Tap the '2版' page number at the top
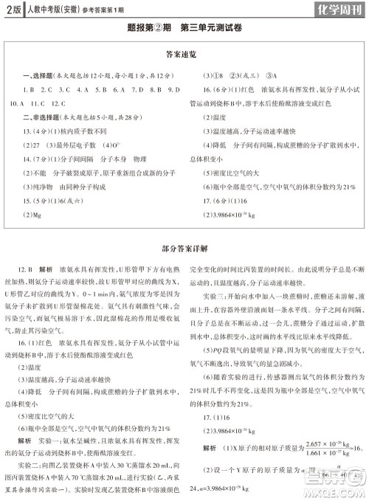[x=13, y=10]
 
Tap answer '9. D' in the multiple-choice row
[x=172, y=89]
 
